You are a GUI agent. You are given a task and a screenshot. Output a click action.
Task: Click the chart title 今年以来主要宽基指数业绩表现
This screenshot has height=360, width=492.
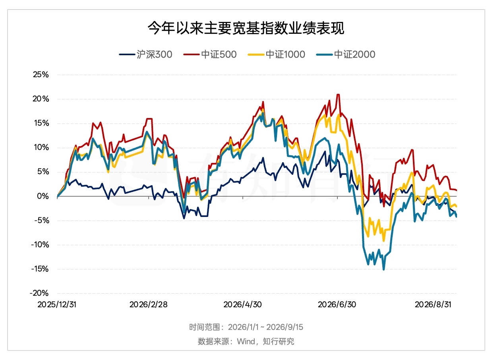(x=246, y=28)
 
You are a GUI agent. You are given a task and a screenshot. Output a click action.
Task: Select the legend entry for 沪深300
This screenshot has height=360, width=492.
(x=145, y=54)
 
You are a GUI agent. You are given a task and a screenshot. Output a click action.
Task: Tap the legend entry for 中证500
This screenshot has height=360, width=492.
(x=210, y=54)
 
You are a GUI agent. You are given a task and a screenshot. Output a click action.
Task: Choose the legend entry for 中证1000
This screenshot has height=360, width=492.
(x=277, y=54)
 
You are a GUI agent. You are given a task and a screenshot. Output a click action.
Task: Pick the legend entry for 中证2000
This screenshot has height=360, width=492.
(x=346, y=54)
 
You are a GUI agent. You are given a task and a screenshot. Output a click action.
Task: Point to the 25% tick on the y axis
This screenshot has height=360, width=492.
(x=41, y=75)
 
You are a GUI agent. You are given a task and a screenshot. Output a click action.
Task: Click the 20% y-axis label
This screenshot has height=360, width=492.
(x=41, y=99)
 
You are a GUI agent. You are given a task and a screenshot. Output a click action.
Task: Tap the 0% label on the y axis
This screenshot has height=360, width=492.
(x=43, y=196)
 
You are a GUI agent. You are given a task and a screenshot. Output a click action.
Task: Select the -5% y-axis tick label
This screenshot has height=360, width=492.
(x=41, y=220)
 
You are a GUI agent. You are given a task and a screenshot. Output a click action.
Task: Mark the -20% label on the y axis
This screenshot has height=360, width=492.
(x=39, y=293)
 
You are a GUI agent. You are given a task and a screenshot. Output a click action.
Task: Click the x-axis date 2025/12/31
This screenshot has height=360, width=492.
(x=57, y=305)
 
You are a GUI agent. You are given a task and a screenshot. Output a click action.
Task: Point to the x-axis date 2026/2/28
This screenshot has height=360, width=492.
(x=149, y=305)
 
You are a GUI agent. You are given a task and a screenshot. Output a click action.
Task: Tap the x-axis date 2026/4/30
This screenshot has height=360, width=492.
(x=243, y=305)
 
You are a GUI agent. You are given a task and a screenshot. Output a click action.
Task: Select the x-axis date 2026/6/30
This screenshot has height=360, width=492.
(x=337, y=305)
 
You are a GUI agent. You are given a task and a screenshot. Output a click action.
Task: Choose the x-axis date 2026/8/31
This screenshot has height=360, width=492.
(x=433, y=305)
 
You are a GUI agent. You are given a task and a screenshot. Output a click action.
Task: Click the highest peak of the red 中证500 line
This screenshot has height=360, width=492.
(x=338, y=95)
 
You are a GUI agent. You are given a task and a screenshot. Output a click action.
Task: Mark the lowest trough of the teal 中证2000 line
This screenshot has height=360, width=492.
(x=384, y=270)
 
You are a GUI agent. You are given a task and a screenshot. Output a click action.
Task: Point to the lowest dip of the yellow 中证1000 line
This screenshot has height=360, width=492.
(x=384, y=241)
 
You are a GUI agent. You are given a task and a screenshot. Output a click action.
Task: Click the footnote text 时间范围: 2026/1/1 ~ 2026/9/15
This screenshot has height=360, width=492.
(x=246, y=327)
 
